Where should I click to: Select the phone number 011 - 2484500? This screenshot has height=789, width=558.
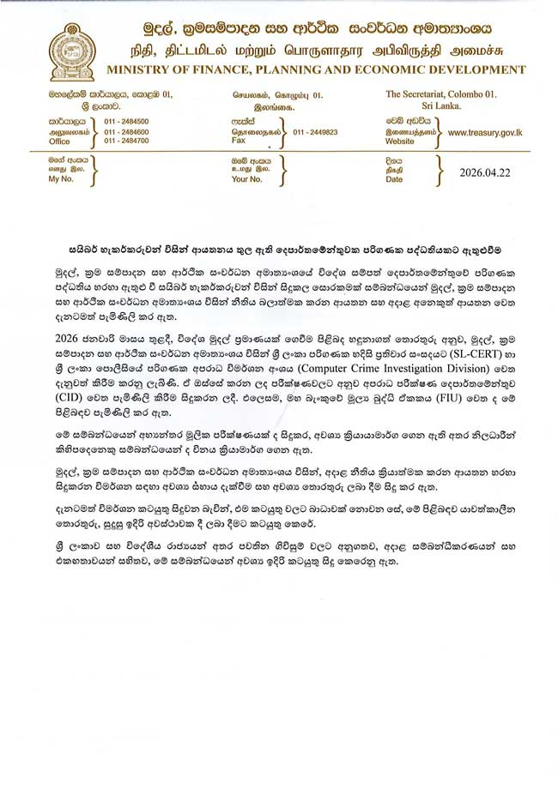coord(126,122)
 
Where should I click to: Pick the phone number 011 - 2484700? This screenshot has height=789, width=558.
coord(126,141)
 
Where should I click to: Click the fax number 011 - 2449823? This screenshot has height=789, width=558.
coord(315,132)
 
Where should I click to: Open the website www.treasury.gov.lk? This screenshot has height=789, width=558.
coord(485,133)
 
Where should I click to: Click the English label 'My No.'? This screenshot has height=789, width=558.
coord(60,180)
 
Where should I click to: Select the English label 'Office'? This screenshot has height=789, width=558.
coord(59,142)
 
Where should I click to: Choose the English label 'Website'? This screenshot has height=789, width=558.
coord(400,142)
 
